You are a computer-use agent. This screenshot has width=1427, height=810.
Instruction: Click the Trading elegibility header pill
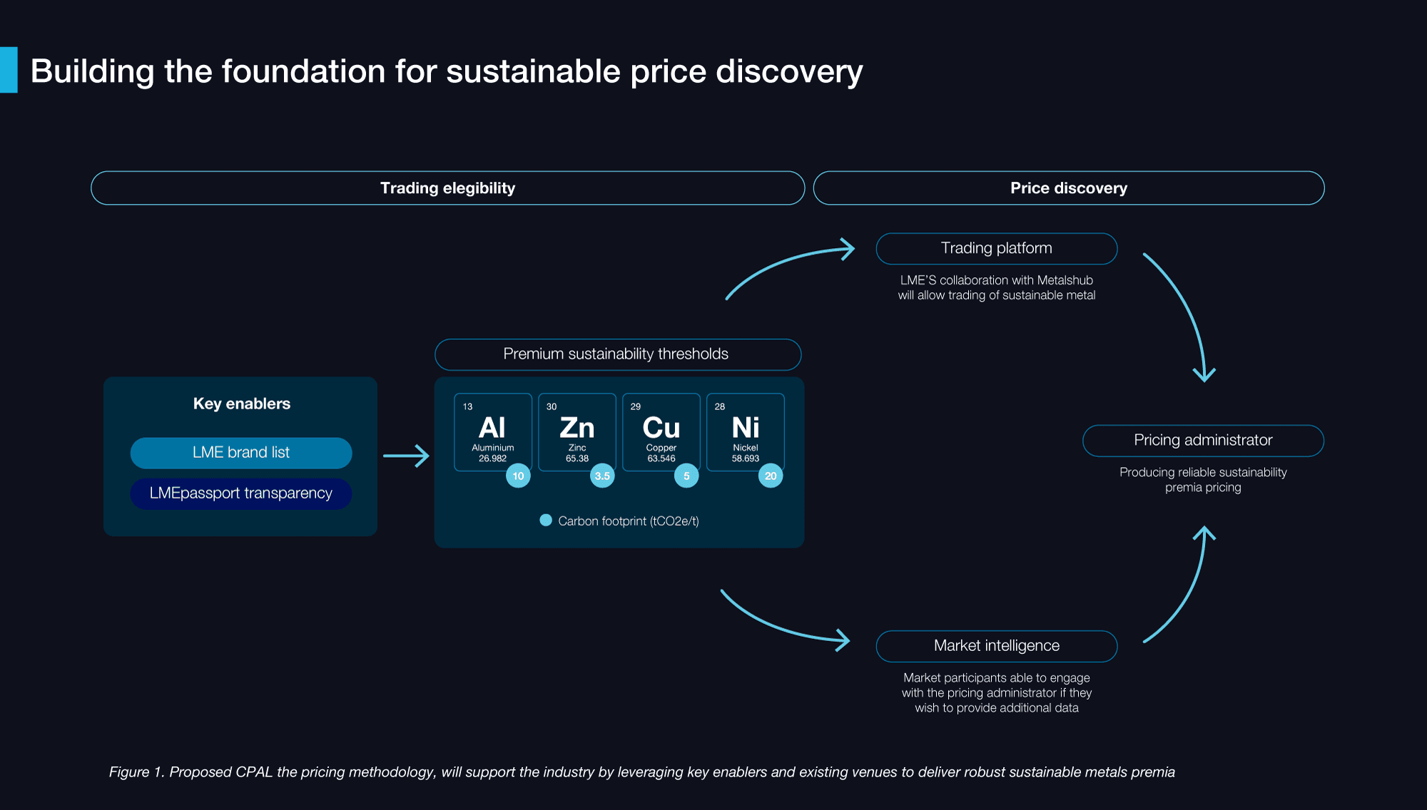click(x=447, y=188)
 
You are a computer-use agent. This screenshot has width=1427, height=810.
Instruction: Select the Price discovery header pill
click(x=1069, y=188)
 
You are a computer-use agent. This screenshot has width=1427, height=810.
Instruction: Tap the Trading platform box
click(x=997, y=248)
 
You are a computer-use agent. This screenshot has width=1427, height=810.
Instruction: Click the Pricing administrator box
click(x=1203, y=441)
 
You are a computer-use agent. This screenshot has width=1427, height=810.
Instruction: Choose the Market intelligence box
click(x=997, y=646)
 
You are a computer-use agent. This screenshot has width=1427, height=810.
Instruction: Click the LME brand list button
click(x=241, y=453)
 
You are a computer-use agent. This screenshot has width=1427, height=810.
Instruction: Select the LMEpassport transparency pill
click(x=241, y=493)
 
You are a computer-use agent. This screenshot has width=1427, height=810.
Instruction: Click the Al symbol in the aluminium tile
click(x=492, y=428)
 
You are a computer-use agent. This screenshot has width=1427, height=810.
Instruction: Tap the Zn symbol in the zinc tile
click(x=577, y=428)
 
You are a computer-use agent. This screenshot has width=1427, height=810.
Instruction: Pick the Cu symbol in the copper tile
click(x=661, y=428)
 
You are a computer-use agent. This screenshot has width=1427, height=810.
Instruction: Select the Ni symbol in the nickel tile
click(x=746, y=428)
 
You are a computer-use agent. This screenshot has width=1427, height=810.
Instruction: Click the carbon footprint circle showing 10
click(x=518, y=476)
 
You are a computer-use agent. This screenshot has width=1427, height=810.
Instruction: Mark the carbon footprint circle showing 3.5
click(x=602, y=476)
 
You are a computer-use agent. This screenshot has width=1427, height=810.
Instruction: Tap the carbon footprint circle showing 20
click(x=771, y=476)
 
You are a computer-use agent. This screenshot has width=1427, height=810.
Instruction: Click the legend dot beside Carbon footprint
click(x=546, y=521)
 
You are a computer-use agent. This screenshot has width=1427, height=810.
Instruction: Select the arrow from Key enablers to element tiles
click(x=406, y=456)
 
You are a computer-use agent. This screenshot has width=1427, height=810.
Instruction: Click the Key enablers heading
click(x=242, y=404)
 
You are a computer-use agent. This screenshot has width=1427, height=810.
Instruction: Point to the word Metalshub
click(x=1065, y=280)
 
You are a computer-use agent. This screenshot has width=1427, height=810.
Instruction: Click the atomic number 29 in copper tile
click(x=636, y=406)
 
